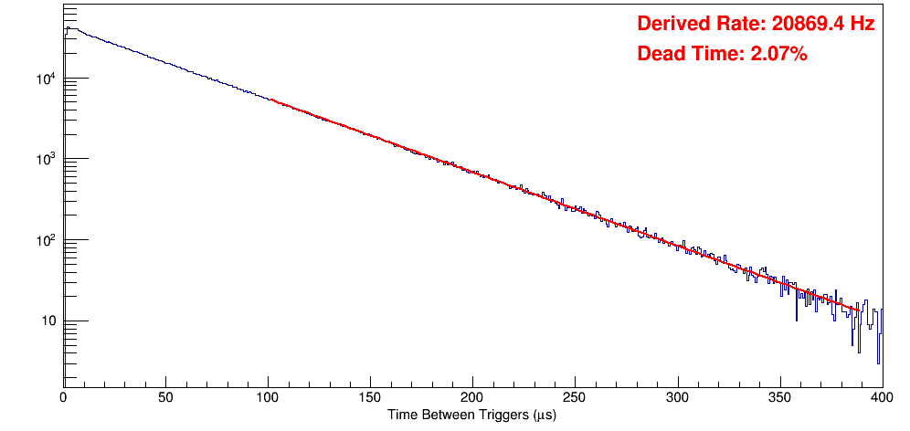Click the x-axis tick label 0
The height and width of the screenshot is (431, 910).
[x=63, y=397]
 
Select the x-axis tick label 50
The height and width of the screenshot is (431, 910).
[x=165, y=397]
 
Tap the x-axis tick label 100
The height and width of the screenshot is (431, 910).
[x=268, y=397]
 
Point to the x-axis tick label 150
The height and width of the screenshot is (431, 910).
[x=370, y=397]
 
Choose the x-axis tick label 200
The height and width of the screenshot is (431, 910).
[x=472, y=397]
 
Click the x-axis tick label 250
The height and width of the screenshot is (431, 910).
[x=575, y=397]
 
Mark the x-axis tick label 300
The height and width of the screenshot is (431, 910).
[x=677, y=397]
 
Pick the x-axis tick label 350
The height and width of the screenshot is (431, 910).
[x=779, y=397]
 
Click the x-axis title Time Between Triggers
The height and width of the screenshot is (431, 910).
[x=471, y=415]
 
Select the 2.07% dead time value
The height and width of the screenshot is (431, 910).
[x=778, y=54]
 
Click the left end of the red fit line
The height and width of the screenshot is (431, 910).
[x=271, y=100]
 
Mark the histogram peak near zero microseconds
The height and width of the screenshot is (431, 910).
[x=68, y=27]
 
